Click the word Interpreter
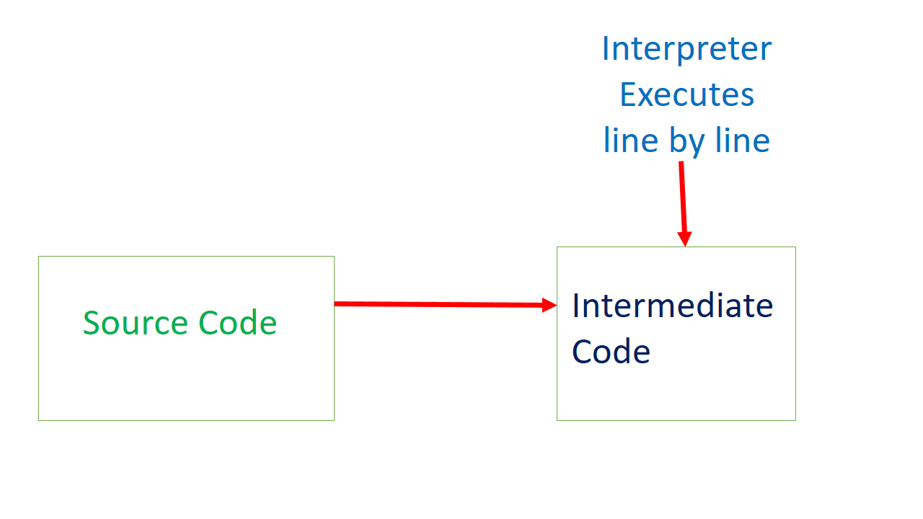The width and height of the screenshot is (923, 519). click(x=686, y=50)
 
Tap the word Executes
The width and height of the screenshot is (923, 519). click(x=686, y=95)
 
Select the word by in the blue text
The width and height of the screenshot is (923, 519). click(x=686, y=141)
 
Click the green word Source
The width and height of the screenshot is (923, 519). click(x=136, y=323)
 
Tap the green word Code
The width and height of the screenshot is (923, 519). click(x=238, y=323)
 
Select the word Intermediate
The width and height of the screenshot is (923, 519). click(x=672, y=306)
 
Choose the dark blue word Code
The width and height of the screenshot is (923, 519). click(x=611, y=352)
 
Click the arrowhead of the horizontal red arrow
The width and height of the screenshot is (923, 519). click(x=549, y=305)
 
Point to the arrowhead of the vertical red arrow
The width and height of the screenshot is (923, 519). click(x=684, y=239)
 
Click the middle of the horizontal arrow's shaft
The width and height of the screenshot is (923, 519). click(x=440, y=304)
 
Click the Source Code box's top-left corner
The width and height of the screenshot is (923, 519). click(x=39, y=257)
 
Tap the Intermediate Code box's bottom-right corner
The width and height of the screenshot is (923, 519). click(x=795, y=420)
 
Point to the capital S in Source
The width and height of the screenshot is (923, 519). click(x=91, y=323)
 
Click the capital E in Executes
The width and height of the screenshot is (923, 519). click(x=627, y=95)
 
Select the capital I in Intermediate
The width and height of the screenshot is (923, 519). click(x=576, y=306)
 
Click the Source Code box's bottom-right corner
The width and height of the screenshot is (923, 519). click(x=334, y=420)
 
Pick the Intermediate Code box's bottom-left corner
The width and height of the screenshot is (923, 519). click(x=557, y=420)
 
